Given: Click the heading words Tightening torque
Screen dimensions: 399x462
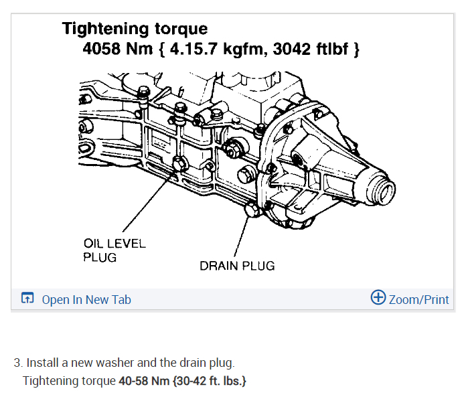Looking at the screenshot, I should [135, 29].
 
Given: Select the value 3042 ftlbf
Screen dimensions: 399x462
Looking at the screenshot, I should [314, 50].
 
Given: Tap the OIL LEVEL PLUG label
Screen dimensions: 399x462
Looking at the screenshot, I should [114, 250].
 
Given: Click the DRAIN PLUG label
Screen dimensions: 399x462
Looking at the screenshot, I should [237, 266].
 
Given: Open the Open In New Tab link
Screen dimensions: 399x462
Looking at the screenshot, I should [86, 299].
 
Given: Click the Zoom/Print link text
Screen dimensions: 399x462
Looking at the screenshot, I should [419, 299].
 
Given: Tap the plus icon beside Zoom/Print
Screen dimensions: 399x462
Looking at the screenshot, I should [378, 298].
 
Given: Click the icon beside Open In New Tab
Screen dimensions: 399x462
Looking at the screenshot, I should [27, 299].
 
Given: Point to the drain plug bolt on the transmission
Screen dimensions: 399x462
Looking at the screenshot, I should [253, 212].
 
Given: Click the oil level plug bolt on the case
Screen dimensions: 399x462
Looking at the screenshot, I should [179, 164].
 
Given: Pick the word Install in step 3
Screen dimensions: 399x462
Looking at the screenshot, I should [42, 363].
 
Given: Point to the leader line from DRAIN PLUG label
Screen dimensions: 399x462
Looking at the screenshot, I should [242, 238].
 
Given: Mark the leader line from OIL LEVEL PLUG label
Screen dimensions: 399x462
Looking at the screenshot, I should [147, 204].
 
